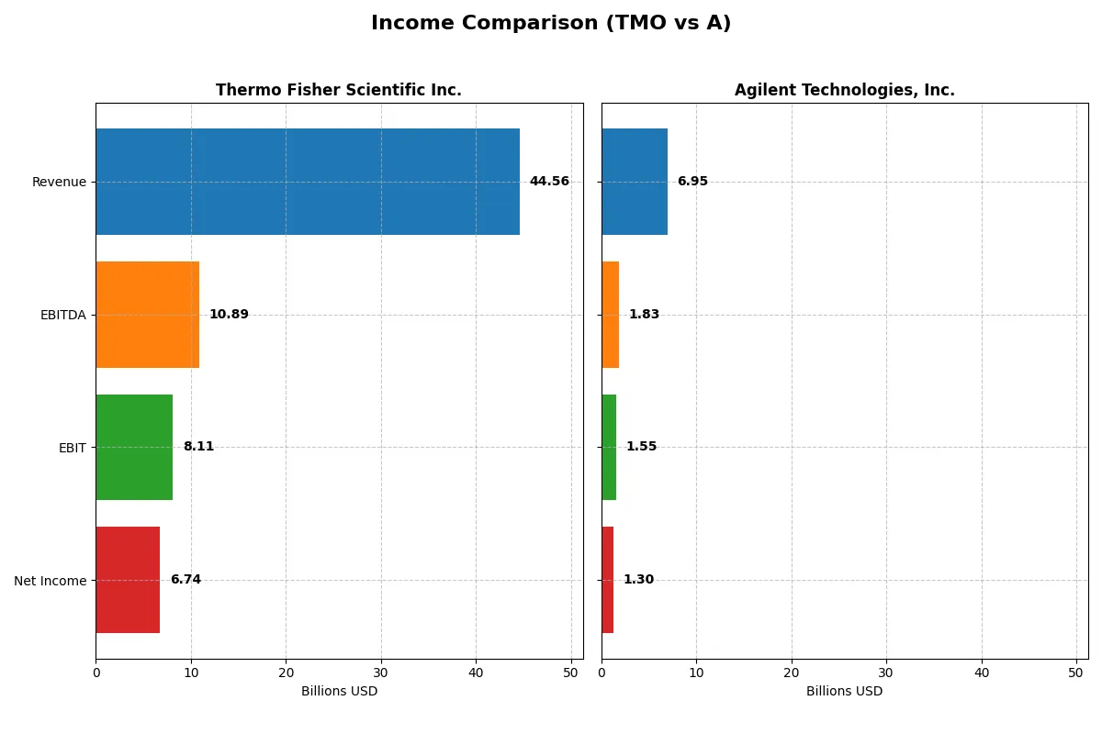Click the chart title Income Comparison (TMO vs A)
[x=551, y=24]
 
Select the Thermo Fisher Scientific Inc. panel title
[x=338, y=90]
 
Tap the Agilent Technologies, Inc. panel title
[x=844, y=90]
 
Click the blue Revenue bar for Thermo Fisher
[x=308, y=182]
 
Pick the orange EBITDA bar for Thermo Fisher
[x=147, y=315]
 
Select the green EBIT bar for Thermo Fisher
[x=134, y=447]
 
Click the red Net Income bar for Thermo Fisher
[x=128, y=580]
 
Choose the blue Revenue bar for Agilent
[x=635, y=182]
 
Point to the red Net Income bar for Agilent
[x=608, y=580]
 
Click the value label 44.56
[x=549, y=182]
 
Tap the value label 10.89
[x=229, y=315]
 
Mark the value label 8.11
[x=198, y=447]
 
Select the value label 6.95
[x=692, y=182]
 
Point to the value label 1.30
[x=638, y=580]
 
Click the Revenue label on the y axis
[x=59, y=182]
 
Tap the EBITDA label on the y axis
[x=62, y=315]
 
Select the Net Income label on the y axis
[x=51, y=580]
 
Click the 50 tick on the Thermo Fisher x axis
[x=570, y=673]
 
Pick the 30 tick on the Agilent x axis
[x=886, y=673]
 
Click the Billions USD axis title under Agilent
[x=844, y=691]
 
